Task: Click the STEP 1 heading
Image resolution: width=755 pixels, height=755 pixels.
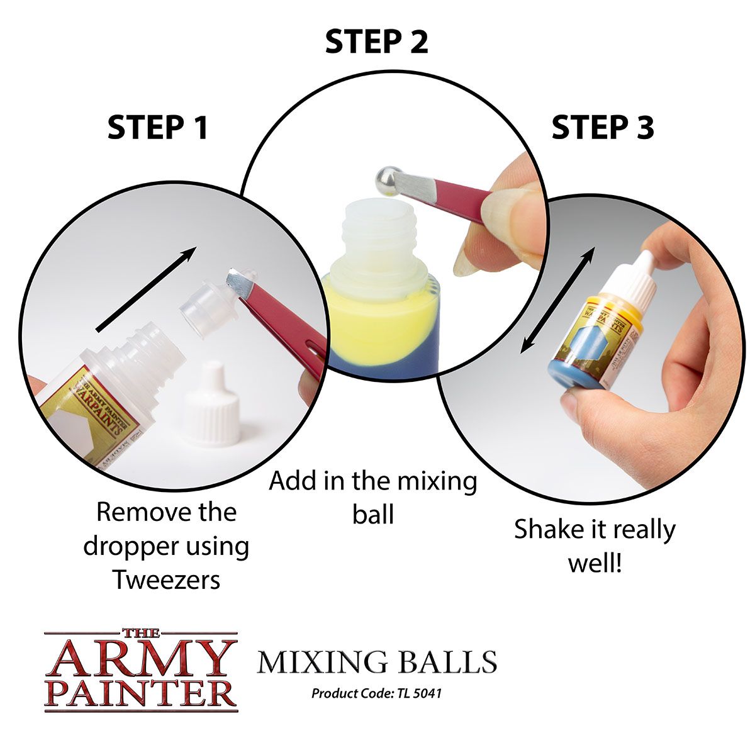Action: coord(157,128)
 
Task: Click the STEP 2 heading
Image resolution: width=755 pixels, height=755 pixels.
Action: coord(376,42)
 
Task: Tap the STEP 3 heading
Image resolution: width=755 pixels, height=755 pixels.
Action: coord(603,128)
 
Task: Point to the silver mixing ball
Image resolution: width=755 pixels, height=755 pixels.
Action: coord(388,181)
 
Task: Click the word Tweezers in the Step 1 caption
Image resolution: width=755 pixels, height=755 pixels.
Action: coord(167,579)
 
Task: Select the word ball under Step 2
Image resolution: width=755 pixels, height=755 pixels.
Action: coord(372,515)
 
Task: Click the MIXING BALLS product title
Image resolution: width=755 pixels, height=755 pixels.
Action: coord(377,663)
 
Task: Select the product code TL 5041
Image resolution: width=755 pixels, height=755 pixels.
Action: coord(419,694)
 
